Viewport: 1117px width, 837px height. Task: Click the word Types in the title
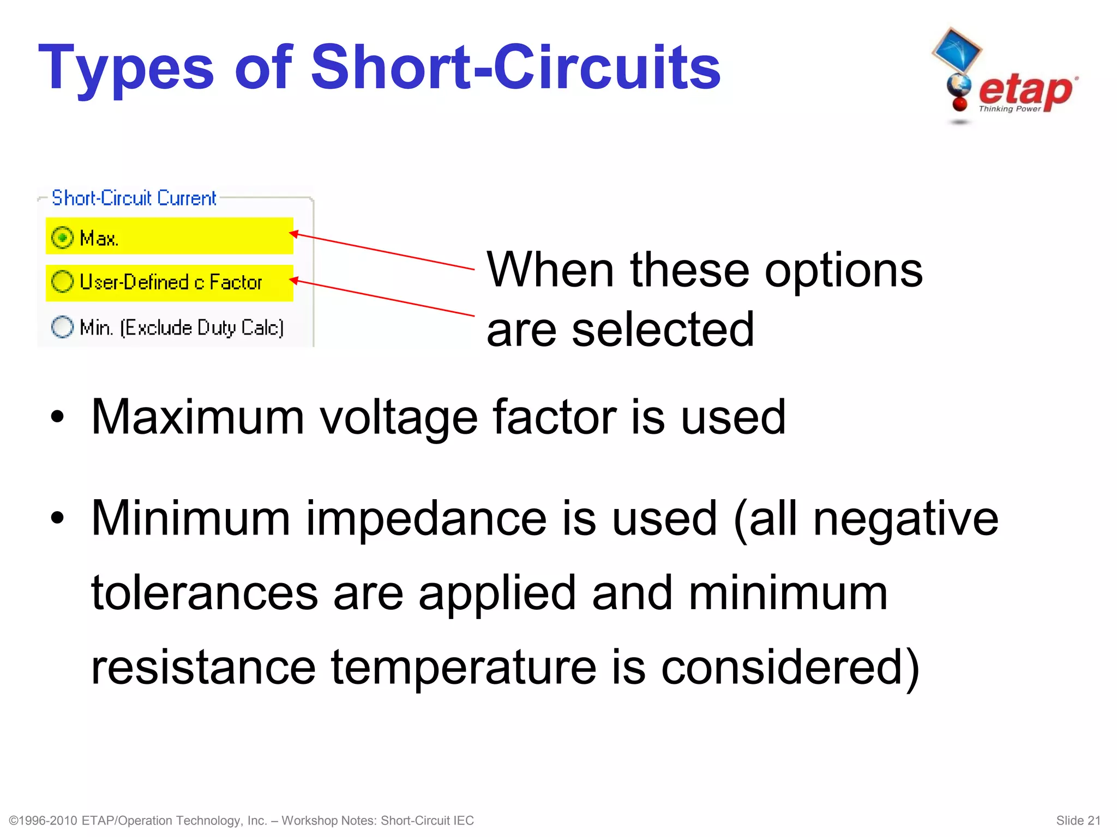(126, 68)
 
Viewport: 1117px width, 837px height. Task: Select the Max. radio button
(62, 238)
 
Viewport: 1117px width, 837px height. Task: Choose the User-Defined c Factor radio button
(62, 282)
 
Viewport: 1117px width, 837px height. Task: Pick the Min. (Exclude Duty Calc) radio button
(62, 327)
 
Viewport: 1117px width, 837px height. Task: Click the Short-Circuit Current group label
(134, 198)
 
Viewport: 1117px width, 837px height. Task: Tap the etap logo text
(1025, 90)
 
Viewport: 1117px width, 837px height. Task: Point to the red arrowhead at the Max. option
(293, 234)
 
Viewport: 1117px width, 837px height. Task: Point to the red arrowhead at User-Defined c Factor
(293, 280)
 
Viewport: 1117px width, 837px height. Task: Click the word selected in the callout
(663, 329)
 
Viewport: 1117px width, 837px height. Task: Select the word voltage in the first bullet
(398, 417)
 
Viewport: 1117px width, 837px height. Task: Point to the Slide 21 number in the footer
(1078, 821)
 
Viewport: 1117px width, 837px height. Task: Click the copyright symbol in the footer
(14, 821)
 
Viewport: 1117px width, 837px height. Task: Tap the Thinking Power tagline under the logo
(1009, 109)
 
